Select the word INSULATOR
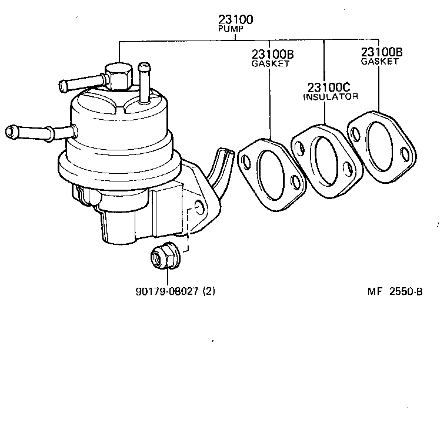330,97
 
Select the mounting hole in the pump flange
199,207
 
